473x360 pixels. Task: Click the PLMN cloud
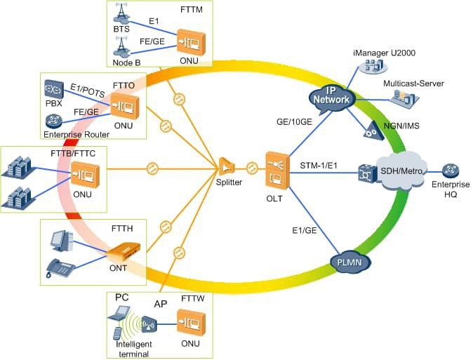pyautogui.click(x=349, y=262)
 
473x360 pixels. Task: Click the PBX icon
pyautogui.click(x=53, y=89)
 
